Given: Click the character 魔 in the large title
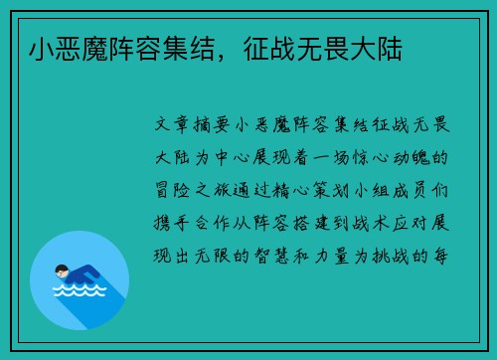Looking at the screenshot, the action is pyautogui.click(x=94, y=49).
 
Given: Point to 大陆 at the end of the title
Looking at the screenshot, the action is pyautogui.click(x=376, y=49).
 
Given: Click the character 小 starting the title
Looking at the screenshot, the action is pyautogui.click(x=42, y=49).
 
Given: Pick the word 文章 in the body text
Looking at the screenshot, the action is pyautogui.click(x=172, y=124).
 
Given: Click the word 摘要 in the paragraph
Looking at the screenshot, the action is pyautogui.click(x=212, y=124).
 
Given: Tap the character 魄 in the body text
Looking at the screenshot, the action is pyautogui.click(x=420, y=157).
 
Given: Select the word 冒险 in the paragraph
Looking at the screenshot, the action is pyautogui.click(x=172, y=190).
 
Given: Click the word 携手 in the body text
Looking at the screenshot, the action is pyautogui.click(x=171, y=223).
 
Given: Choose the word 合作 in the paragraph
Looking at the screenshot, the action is pyautogui.click(x=212, y=223).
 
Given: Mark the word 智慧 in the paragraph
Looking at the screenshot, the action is pyautogui.click(x=271, y=256).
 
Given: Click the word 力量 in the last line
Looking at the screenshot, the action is pyautogui.click(x=331, y=256).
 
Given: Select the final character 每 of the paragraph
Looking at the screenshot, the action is pyautogui.click(x=440, y=256).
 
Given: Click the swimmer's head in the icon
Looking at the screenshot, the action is pyautogui.click(x=62, y=271).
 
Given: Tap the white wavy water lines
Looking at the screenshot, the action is pyautogui.click(x=80, y=290).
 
